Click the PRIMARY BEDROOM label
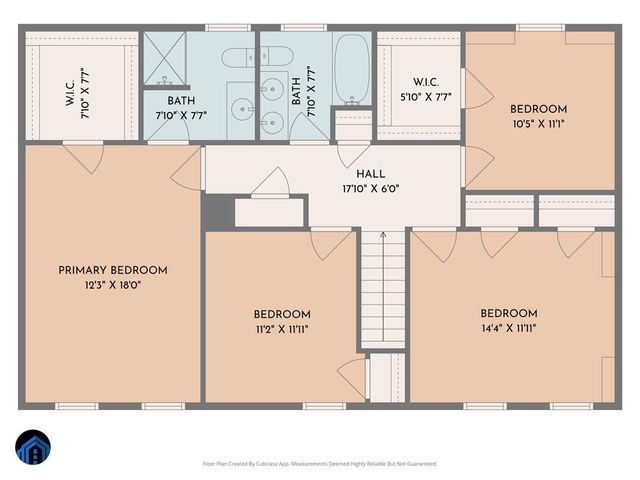tap(112, 270)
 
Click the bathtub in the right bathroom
tap(352, 65)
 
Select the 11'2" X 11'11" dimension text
tap(281, 328)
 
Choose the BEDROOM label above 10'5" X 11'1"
tap(538, 109)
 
